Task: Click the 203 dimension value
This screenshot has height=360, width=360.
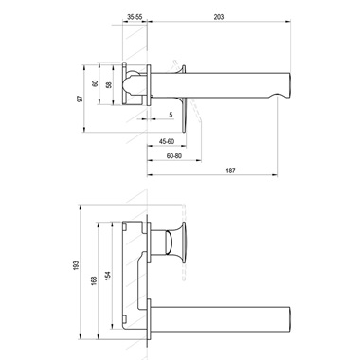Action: click(x=219, y=17)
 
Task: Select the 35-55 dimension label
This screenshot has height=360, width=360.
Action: click(x=135, y=17)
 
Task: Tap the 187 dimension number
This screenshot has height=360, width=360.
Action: click(x=230, y=171)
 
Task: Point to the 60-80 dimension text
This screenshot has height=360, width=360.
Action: click(x=174, y=156)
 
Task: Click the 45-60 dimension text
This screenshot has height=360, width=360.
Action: click(x=167, y=142)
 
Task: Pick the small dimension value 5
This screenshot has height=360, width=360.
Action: click(x=171, y=115)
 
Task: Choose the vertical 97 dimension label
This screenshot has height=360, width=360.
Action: click(x=81, y=99)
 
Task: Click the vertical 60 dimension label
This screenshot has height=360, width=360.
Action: click(x=95, y=84)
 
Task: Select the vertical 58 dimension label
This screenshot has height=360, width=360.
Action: click(x=109, y=85)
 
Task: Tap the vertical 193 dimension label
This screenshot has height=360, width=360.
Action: click(x=76, y=265)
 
